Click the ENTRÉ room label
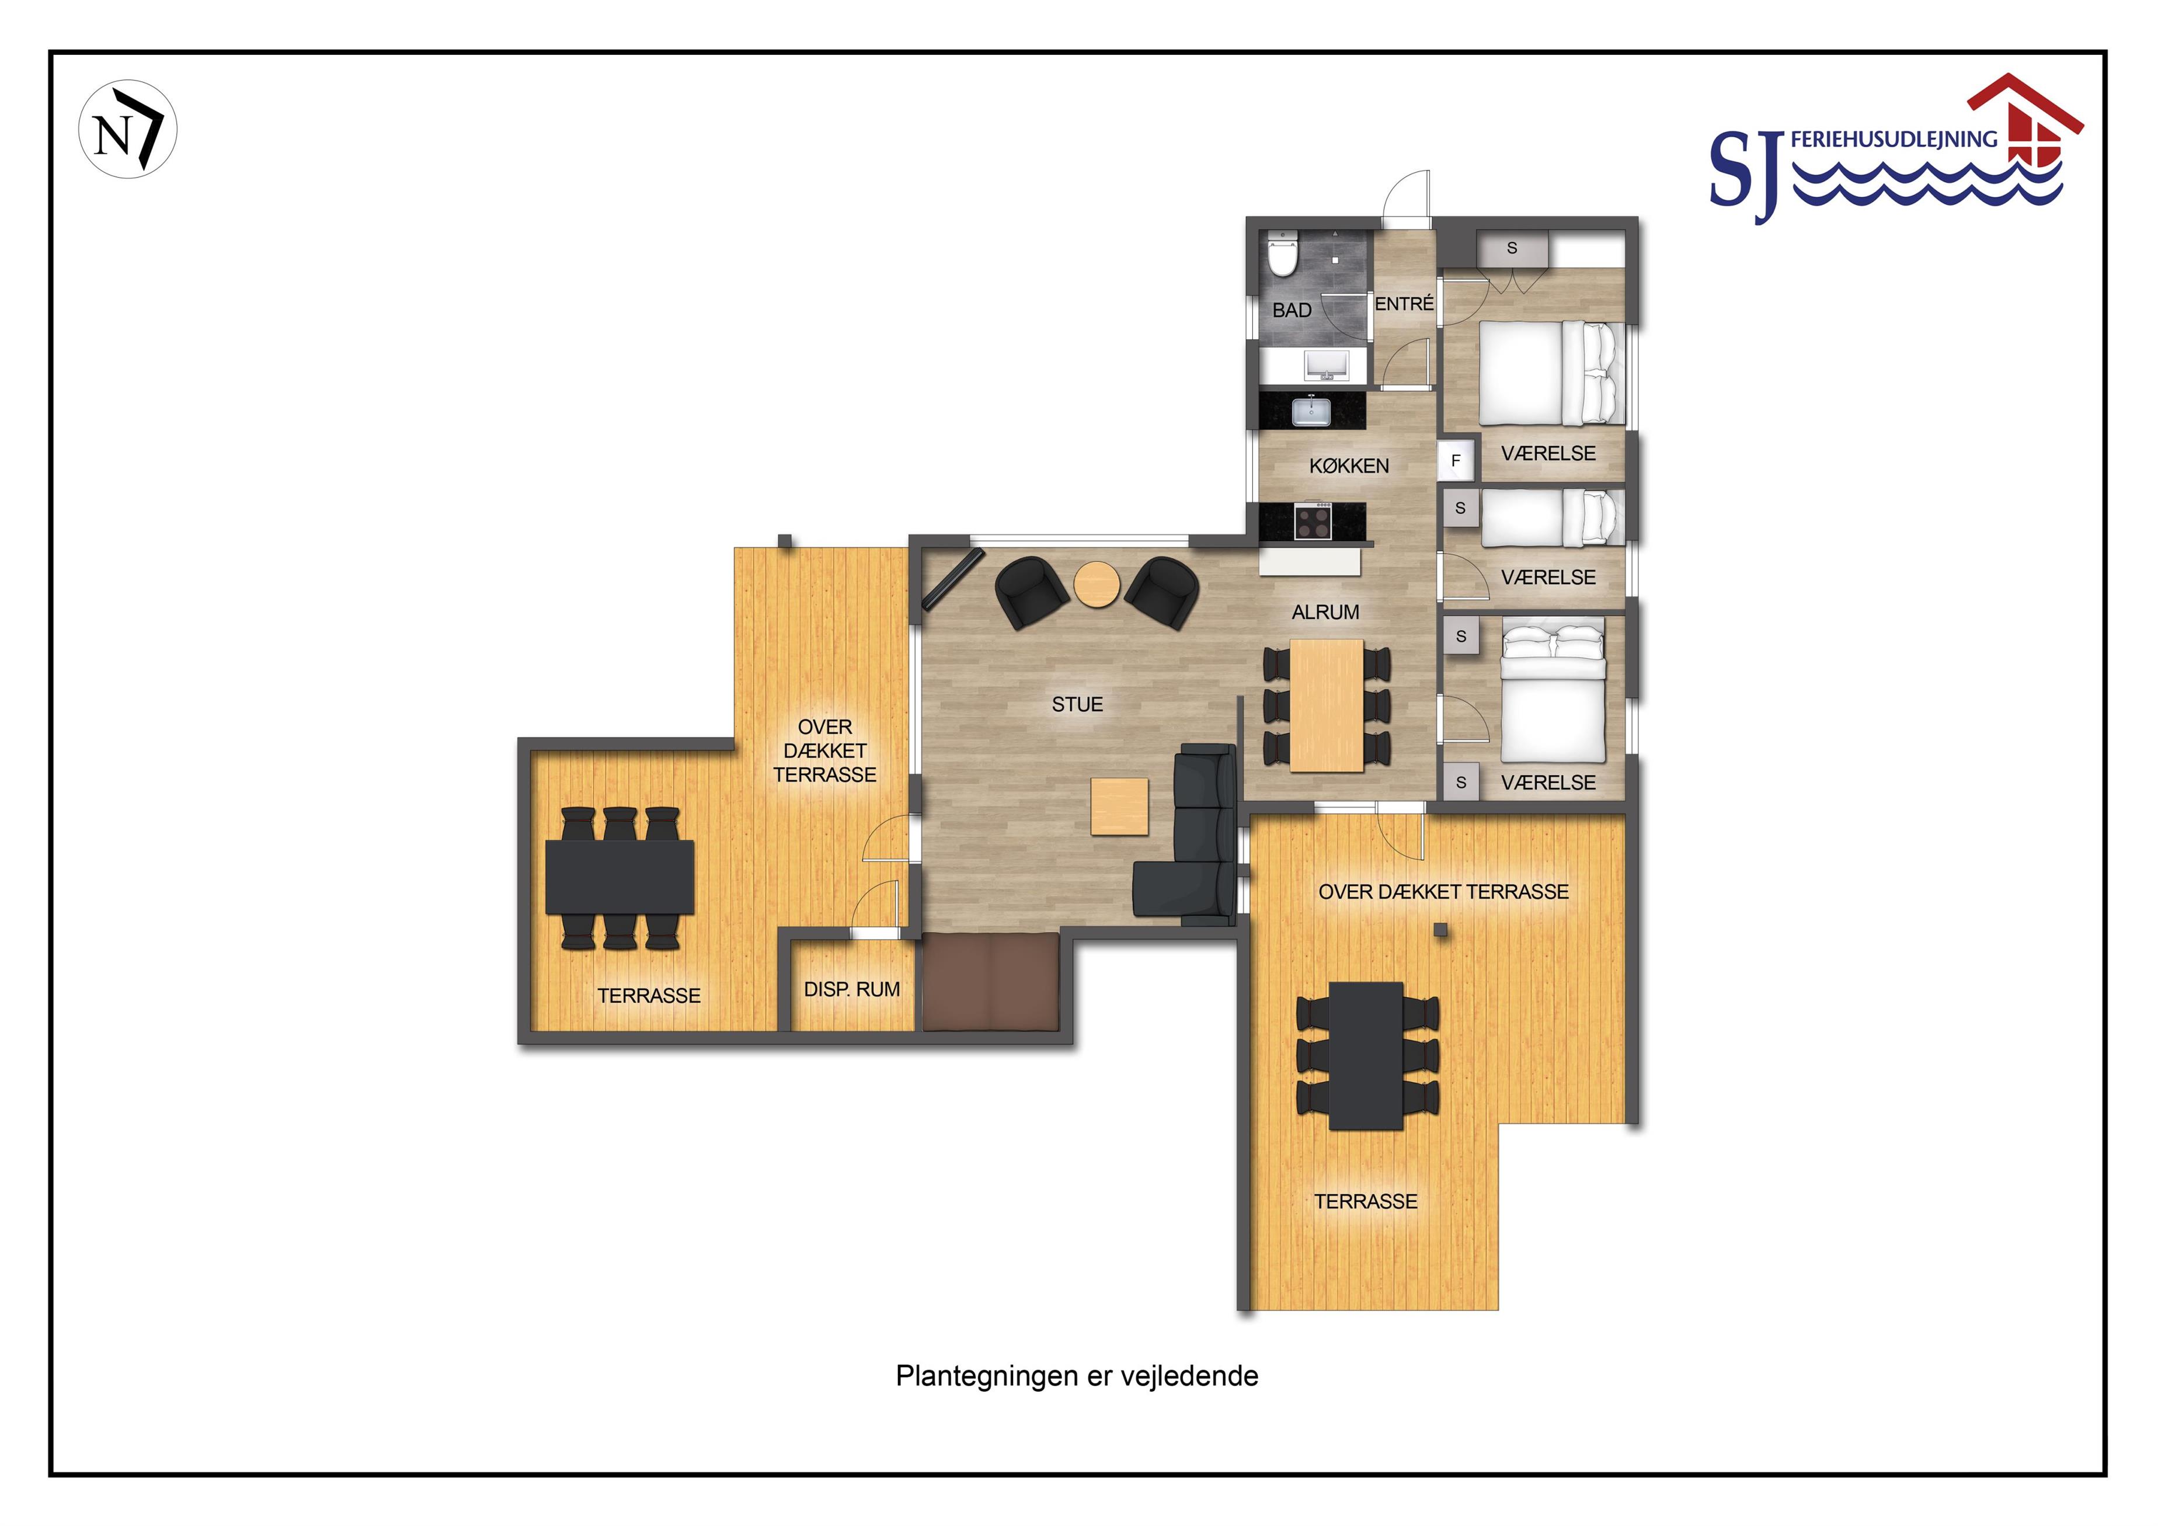[x=1404, y=304]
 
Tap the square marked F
[x=1456, y=461]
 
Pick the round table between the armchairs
[x=1097, y=585]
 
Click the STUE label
[x=1077, y=704]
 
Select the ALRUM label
[x=1325, y=612]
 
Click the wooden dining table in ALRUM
[x=1326, y=705]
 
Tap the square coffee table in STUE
[x=1119, y=806]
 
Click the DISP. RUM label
[x=851, y=989]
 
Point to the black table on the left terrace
[x=620, y=877]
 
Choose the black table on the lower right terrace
[x=1366, y=1056]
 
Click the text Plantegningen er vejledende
[x=1077, y=1375]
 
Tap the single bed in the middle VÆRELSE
[x=1553, y=516]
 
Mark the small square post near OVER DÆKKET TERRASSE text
[x=1440, y=930]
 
